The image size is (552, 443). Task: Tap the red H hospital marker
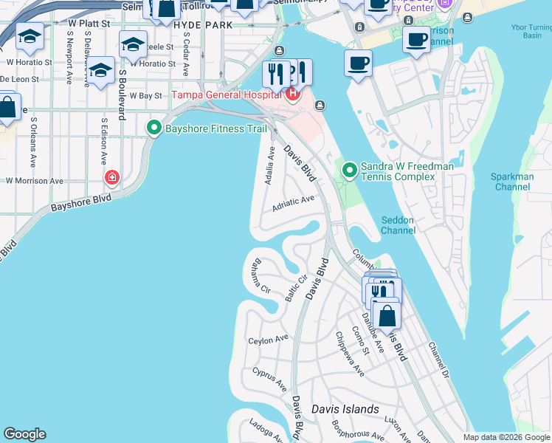(x=293, y=94)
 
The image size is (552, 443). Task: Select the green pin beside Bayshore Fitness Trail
(x=154, y=128)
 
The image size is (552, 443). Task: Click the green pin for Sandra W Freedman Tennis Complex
(x=349, y=172)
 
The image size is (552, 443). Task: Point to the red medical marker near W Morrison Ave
(x=111, y=177)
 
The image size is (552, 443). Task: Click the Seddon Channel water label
(x=399, y=225)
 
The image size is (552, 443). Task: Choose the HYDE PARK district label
(x=203, y=24)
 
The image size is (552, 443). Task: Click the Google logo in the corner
(x=24, y=434)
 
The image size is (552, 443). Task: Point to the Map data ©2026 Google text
(x=506, y=437)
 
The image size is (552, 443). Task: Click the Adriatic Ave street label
(x=293, y=203)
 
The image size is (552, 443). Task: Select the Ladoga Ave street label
(x=266, y=430)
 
